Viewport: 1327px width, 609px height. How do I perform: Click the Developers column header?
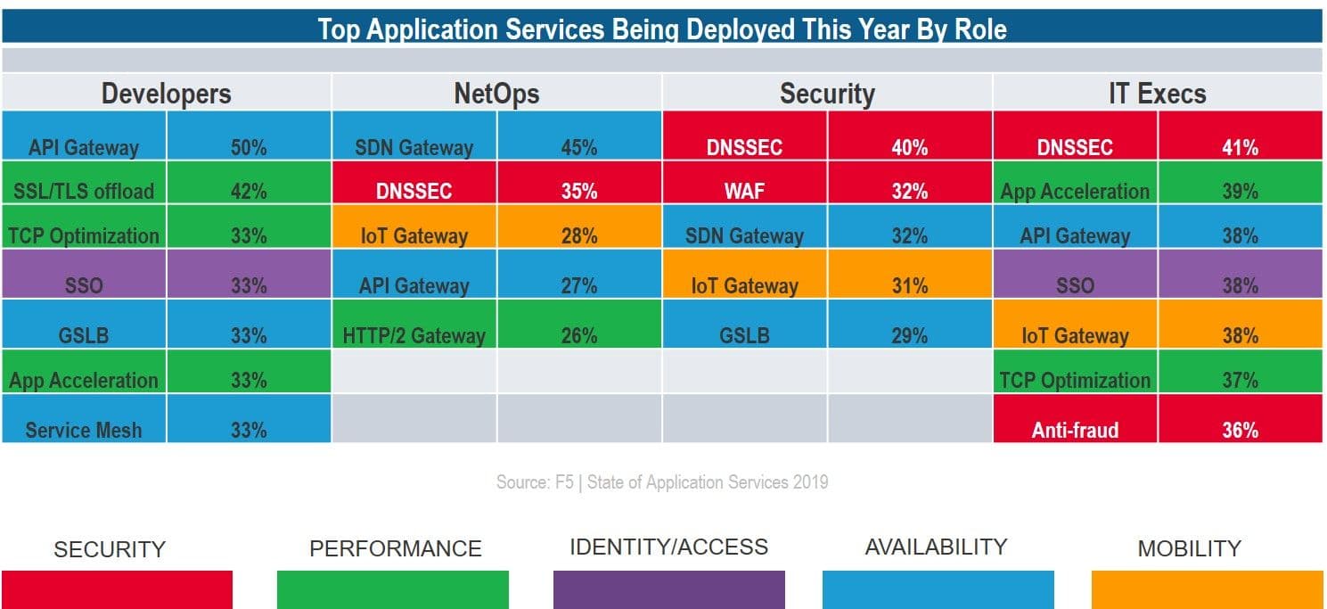(166, 94)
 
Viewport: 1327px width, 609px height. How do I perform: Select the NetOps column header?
(496, 94)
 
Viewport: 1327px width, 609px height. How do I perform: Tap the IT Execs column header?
(1157, 94)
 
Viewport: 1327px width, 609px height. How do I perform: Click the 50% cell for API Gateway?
(249, 147)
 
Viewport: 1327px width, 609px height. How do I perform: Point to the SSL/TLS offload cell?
(84, 191)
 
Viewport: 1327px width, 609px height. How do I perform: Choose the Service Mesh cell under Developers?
(84, 430)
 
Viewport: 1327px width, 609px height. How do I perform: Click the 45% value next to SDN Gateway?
(579, 147)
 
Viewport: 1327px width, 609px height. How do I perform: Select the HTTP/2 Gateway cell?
(414, 335)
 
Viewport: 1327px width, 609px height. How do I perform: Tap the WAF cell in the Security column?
(744, 191)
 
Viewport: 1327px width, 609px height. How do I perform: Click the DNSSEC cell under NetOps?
(414, 191)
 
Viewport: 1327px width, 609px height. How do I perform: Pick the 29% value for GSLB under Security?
(909, 335)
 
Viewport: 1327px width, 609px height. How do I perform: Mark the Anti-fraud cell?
(1075, 430)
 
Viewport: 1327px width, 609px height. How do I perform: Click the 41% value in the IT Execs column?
(1240, 147)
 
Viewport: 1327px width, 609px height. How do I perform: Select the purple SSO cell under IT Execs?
(1075, 285)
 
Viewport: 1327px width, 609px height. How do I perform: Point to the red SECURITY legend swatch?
(117, 589)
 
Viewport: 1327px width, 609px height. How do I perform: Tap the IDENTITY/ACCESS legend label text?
(668, 547)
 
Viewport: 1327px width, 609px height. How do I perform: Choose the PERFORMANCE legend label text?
(395, 548)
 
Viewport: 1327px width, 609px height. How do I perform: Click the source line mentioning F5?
(662, 482)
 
